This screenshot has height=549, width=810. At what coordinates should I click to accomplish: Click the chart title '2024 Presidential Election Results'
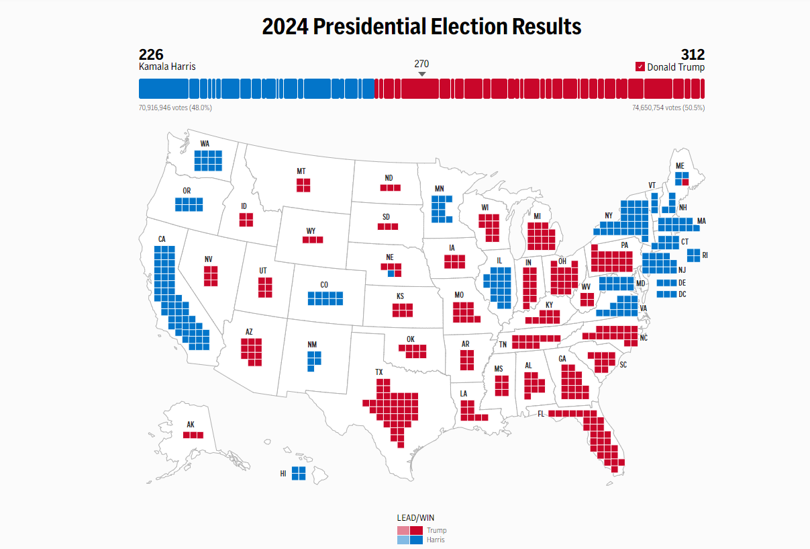tap(421, 27)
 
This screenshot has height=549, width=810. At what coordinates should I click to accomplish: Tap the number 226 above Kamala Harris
tap(151, 54)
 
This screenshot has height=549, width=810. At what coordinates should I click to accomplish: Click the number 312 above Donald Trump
tap(692, 54)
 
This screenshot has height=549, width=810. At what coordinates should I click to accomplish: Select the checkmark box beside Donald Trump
tap(640, 67)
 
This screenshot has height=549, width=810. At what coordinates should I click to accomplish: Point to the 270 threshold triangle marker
tap(421, 74)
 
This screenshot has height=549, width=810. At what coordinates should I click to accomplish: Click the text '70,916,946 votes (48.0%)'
tap(175, 108)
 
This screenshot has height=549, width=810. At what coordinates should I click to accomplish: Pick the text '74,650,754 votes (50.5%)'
tap(668, 108)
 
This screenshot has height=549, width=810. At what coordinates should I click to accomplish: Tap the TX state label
tap(379, 372)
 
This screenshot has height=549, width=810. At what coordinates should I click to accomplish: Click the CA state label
tap(162, 239)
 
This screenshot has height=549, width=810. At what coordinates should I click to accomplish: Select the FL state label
tap(541, 413)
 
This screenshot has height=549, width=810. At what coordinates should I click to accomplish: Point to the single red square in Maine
tap(685, 182)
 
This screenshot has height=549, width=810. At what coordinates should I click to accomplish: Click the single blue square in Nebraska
tap(391, 273)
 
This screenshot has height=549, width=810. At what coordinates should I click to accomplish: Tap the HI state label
tap(283, 474)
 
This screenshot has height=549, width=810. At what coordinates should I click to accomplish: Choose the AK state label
tap(191, 425)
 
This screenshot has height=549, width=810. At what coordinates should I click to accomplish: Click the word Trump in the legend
tap(436, 530)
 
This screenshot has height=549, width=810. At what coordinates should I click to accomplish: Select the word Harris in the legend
tap(436, 540)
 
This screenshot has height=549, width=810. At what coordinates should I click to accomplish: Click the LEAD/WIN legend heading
tap(415, 518)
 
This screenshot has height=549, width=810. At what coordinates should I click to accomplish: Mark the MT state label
tap(301, 171)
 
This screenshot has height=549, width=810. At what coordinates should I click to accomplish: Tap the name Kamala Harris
tap(167, 67)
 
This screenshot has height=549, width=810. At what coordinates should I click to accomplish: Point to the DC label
tap(682, 294)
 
